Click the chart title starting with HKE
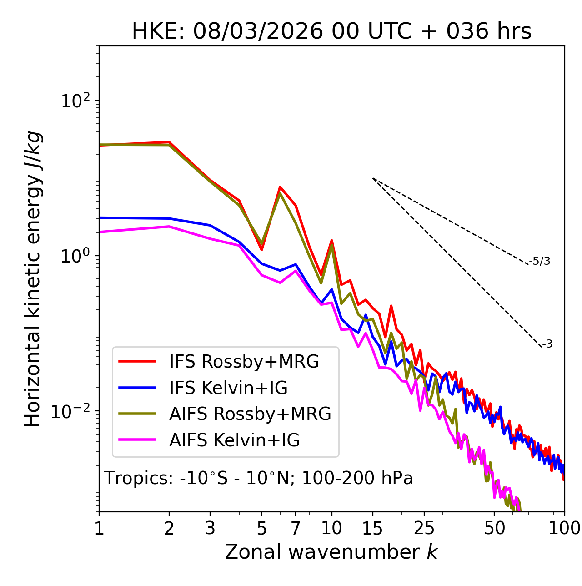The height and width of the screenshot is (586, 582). click(331, 31)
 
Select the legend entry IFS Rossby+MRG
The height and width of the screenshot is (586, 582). click(244, 362)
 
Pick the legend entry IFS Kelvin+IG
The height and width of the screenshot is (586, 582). click(228, 388)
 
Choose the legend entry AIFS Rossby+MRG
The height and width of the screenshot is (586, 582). click(250, 414)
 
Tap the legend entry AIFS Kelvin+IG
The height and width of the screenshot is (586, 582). click(234, 440)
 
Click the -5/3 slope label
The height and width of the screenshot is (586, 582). click(540, 261)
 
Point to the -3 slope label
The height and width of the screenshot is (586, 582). click(547, 344)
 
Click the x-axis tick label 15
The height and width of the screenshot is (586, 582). click(373, 528)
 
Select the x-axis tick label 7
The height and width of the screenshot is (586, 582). click(296, 528)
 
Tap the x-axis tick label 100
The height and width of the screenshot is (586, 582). click(564, 528)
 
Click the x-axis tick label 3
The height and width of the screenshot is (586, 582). click(210, 528)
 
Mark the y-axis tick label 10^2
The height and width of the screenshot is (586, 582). click(75, 101)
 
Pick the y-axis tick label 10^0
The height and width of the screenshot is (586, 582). click(75, 256)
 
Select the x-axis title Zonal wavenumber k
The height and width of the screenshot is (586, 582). click(331, 552)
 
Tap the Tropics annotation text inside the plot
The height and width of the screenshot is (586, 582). click(259, 478)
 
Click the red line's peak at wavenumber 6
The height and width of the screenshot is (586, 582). click(280, 187)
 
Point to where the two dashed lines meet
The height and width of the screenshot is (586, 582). click(373, 178)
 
